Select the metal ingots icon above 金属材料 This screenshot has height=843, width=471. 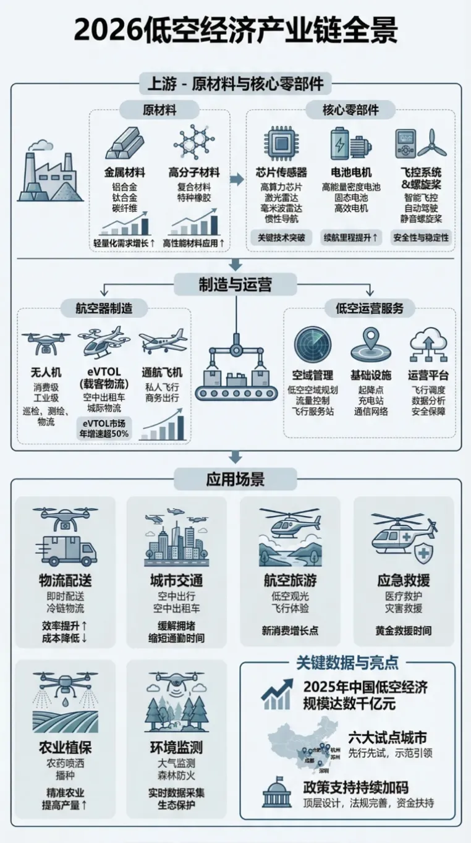125,144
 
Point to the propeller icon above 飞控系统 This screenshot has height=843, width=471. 432,143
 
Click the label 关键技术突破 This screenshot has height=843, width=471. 281,237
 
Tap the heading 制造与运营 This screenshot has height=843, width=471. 235,284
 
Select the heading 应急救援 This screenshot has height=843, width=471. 404,581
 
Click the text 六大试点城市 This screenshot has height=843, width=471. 396,737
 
